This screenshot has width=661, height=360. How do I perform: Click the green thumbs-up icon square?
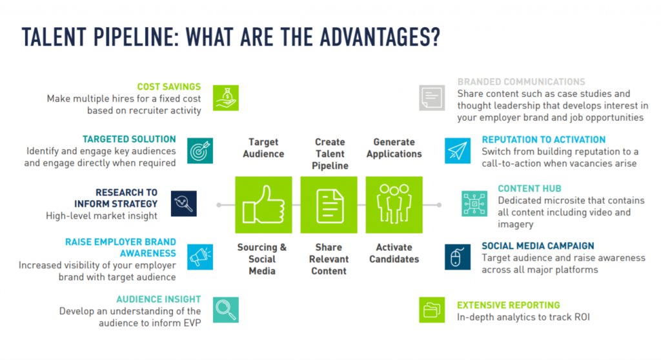pos(263,205)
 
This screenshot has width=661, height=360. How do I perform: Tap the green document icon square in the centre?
pos(329,205)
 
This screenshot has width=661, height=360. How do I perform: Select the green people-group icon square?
pos(394,205)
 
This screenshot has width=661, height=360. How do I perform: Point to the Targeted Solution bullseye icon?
pos(200,150)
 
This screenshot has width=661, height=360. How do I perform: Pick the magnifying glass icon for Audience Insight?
pos(225,310)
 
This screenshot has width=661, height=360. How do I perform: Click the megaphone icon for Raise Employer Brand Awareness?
pos(200,256)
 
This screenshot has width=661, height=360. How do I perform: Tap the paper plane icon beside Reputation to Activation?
pos(458,150)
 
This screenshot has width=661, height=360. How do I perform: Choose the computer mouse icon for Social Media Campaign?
pos(458,256)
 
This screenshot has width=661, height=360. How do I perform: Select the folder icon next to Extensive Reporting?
pos(431,310)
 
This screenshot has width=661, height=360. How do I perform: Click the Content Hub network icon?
pos(474,204)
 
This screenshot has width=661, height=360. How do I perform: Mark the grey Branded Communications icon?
pos(431,97)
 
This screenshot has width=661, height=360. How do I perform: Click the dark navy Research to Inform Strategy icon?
pos(183,204)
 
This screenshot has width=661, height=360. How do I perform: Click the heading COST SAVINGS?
pos(168,86)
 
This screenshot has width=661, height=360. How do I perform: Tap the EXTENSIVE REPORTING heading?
pos(508,305)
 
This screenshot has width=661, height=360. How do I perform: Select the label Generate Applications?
pos(394,148)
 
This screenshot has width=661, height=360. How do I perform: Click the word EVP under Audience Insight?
pos(191,323)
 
